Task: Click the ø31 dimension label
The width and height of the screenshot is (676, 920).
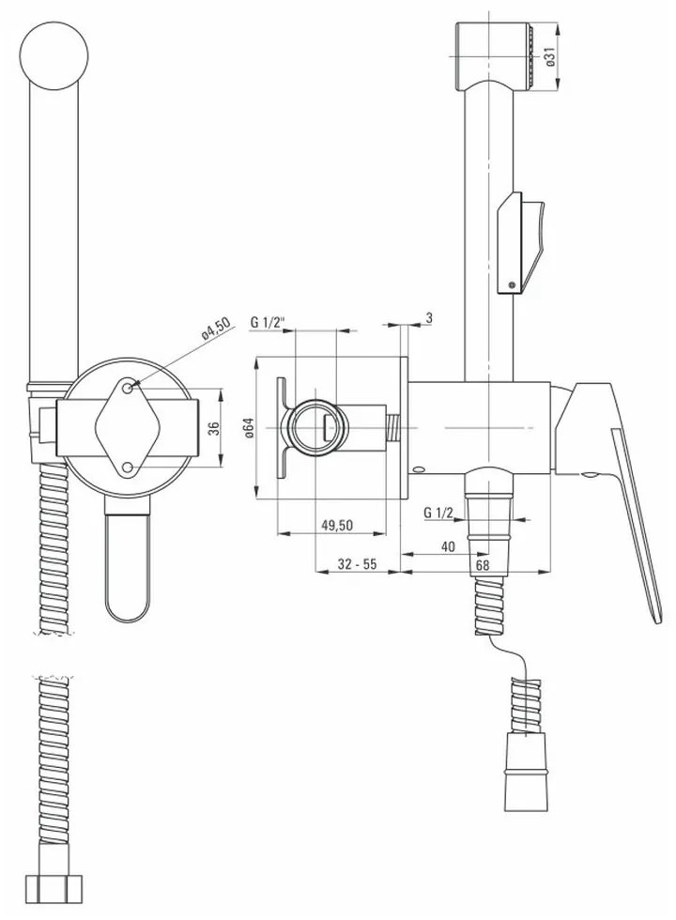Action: click(x=550, y=57)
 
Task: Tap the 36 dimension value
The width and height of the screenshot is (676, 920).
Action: click(x=214, y=427)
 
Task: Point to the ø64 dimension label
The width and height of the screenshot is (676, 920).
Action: click(x=248, y=427)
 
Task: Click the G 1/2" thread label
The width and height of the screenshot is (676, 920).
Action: click(x=268, y=322)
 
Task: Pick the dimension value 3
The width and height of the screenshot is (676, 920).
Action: click(x=429, y=318)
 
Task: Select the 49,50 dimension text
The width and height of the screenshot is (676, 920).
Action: click(x=337, y=525)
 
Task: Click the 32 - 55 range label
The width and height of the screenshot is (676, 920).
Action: click(x=357, y=564)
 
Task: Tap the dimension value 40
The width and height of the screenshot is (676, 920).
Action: click(x=448, y=546)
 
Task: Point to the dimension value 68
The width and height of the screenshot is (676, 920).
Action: click(x=483, y=564)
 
